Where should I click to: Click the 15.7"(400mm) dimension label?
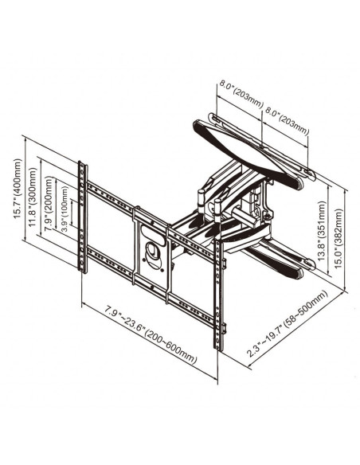(18, 189)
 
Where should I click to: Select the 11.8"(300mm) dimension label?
(33, 197)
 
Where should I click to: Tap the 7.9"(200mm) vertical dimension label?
(49, 204)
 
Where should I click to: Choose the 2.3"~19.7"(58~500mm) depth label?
(288, 323)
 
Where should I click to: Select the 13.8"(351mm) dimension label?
(322, 231)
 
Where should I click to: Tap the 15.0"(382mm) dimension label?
(338, 239)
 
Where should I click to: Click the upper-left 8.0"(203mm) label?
(241, 94)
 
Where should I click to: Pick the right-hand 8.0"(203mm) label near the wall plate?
(287, 122)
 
